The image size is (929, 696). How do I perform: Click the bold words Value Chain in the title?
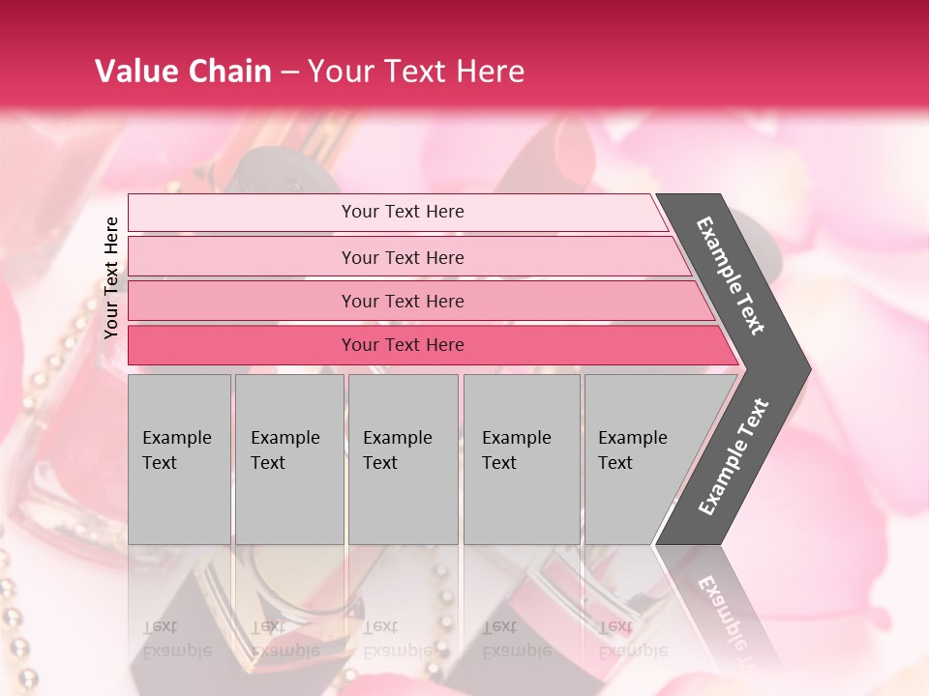coord(183,72)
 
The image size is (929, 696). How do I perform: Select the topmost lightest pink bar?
coord(242,213)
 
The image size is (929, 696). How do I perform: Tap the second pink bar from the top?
coord(242,257)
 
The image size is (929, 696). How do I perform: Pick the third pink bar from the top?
coord(242,301)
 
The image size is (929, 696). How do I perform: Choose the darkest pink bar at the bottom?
coord(242,345)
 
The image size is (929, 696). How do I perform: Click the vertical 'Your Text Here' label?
coord(111,277)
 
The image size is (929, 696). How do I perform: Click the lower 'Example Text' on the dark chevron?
coord(734,457)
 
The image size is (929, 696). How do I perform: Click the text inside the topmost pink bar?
coord(403,212)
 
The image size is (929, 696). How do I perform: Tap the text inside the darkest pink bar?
coord(403,345)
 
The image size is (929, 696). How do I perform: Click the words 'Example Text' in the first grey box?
coord(176,449)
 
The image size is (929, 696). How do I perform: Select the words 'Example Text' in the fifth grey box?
coord(632,449)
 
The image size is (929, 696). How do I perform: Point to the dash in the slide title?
coord(289,72)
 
